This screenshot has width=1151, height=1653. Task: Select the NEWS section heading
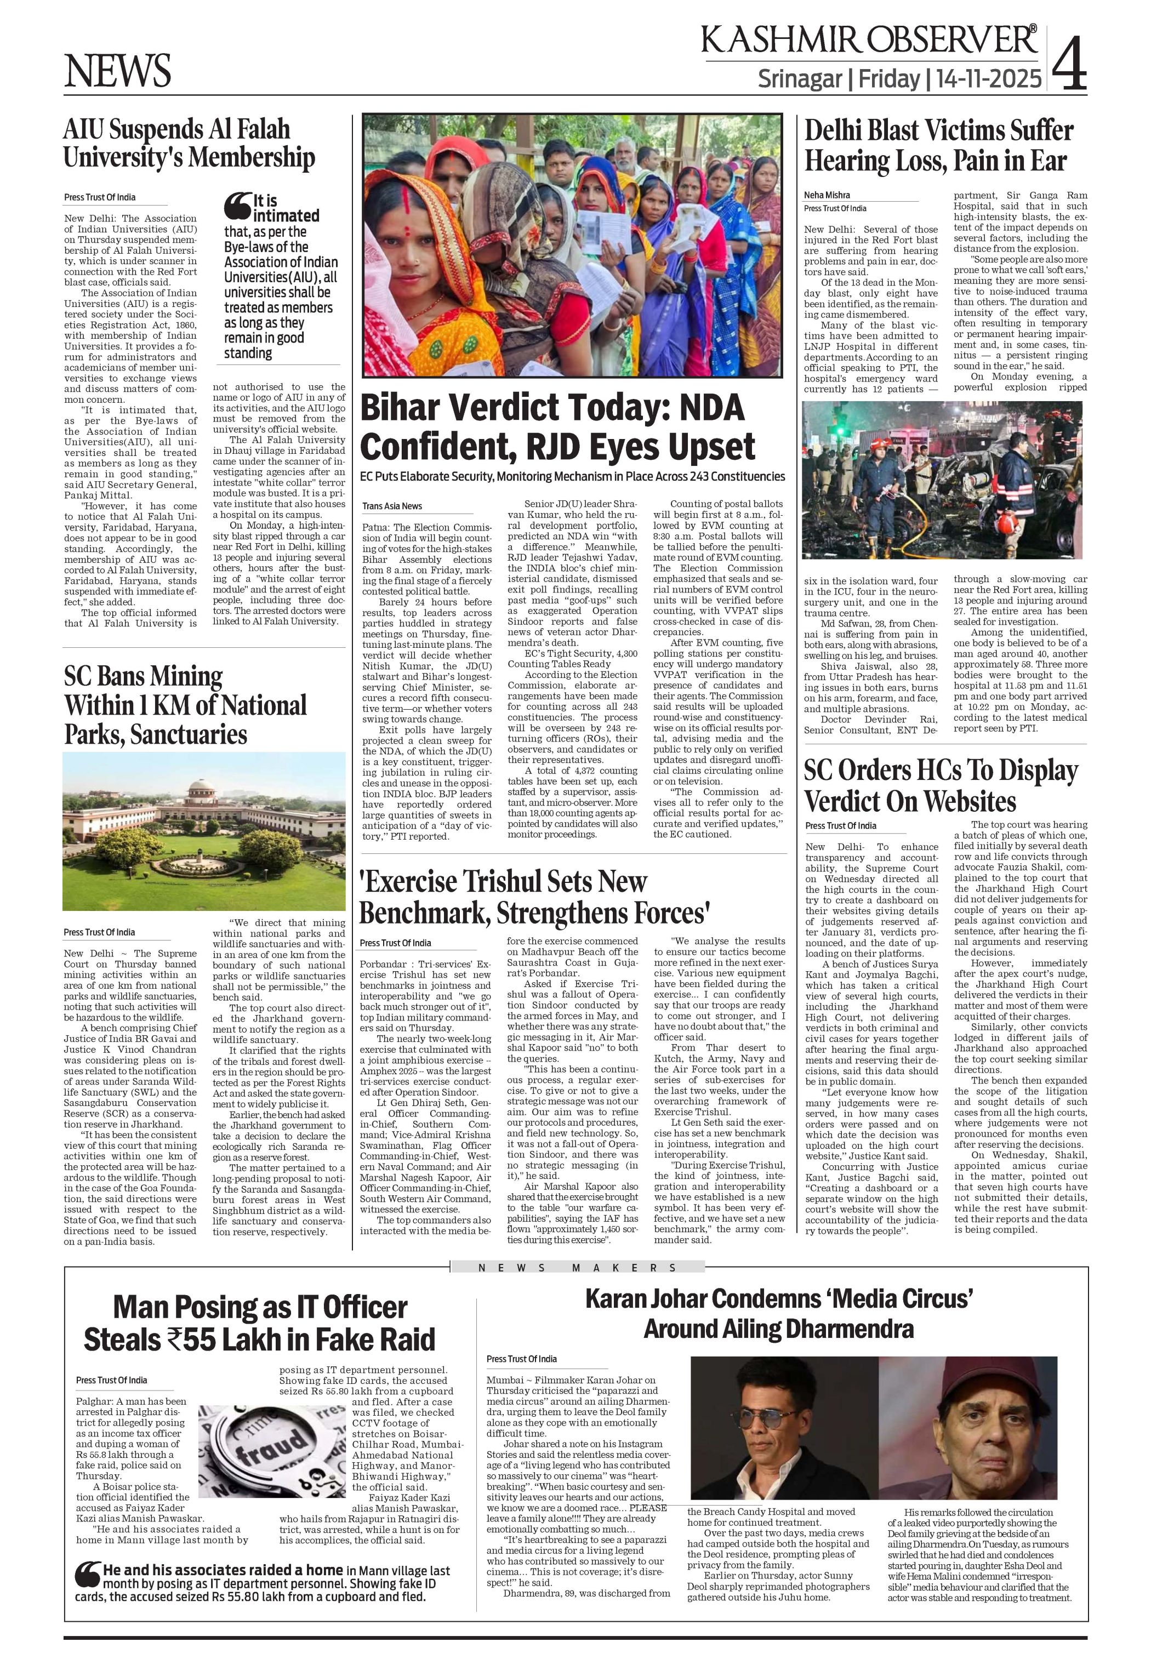coord(118,71)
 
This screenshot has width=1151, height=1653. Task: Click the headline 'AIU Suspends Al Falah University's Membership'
coord(189,143)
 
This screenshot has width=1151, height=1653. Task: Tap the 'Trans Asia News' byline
coord(392,506)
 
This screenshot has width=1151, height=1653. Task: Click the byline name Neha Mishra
coord(827,195)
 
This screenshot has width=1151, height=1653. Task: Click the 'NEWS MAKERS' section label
coord(577,1268)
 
